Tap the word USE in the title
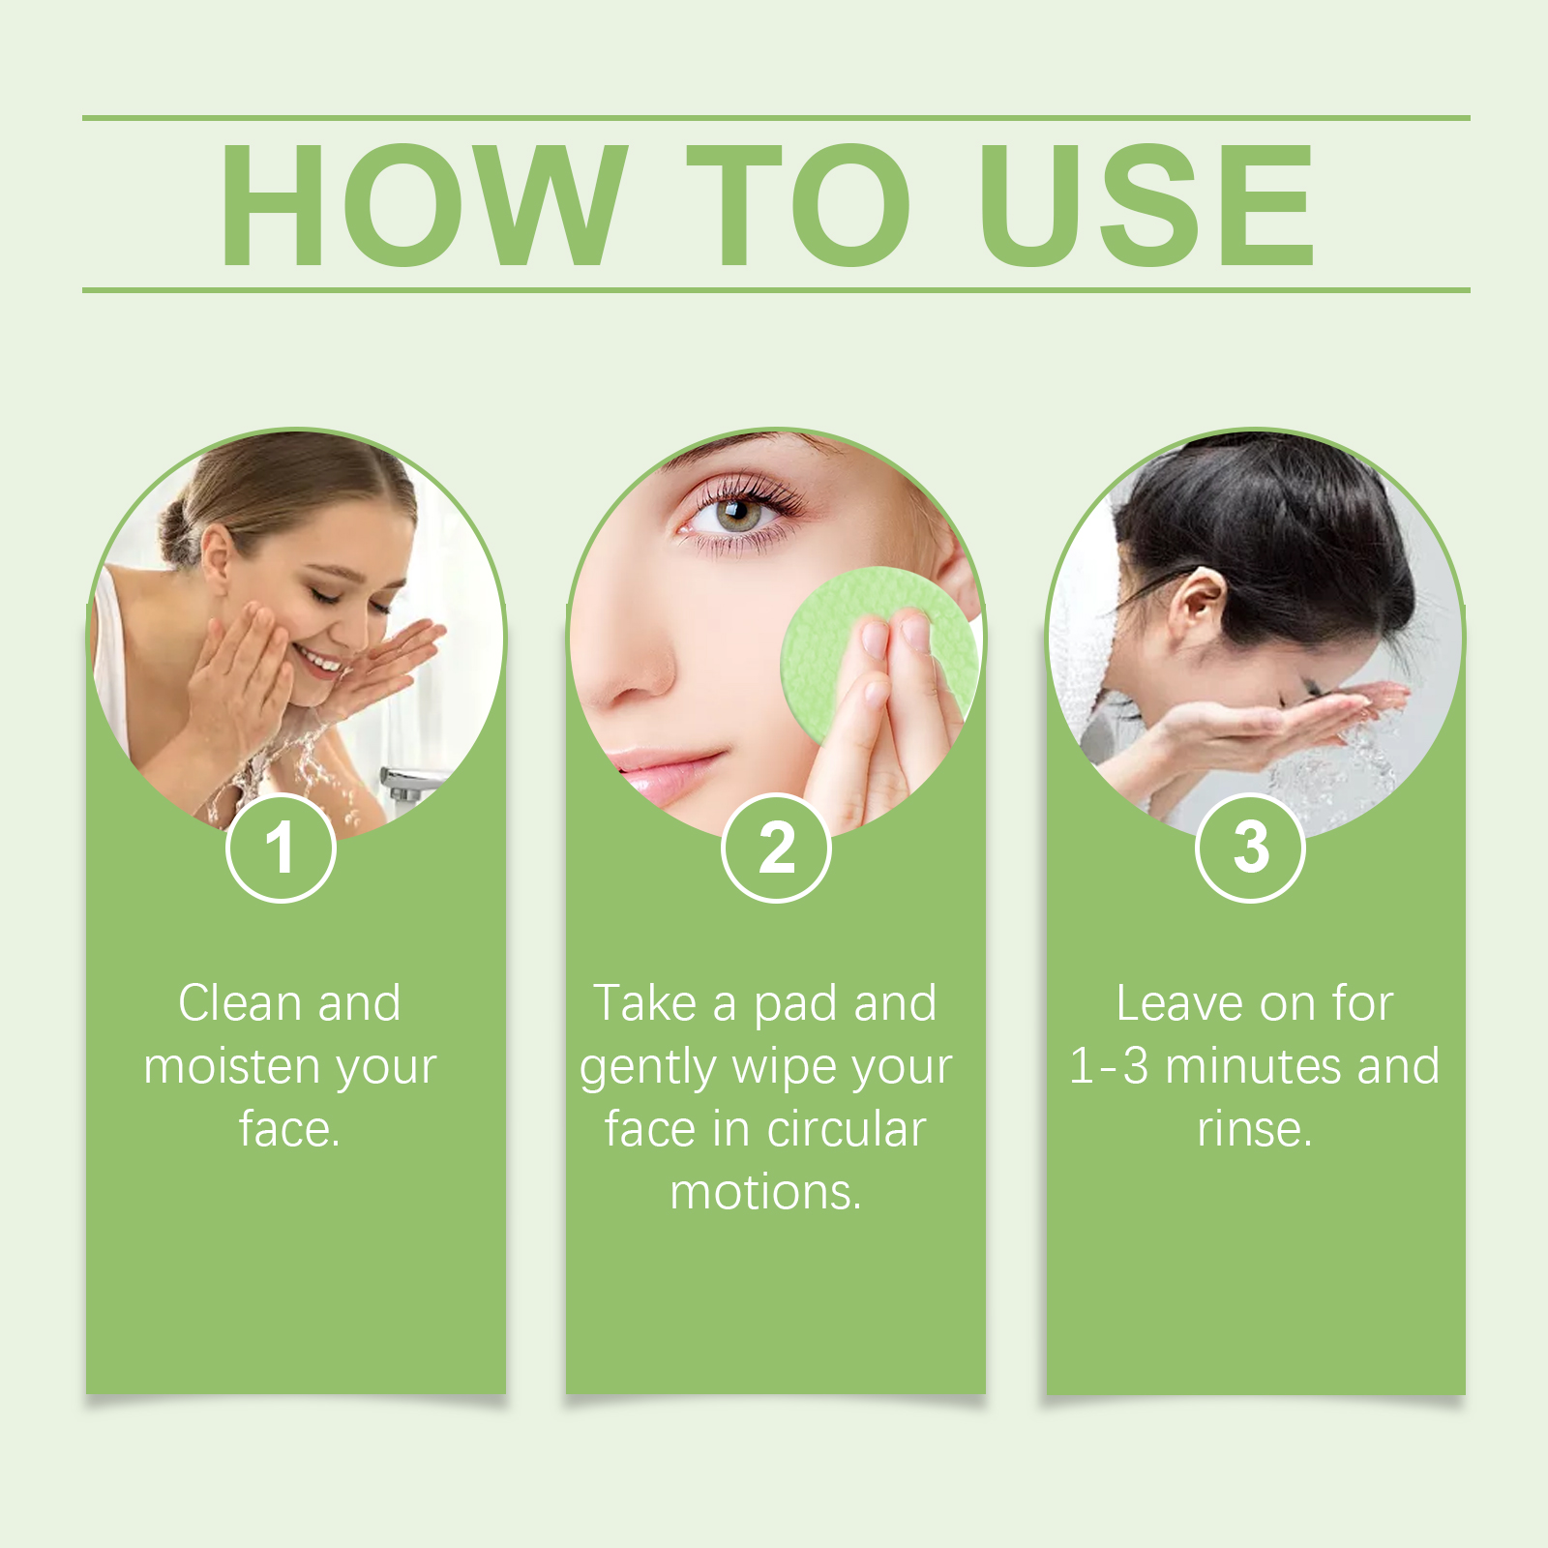(x=1147, y=204)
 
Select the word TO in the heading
(x=799, y=204)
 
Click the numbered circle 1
(x=281, y=848)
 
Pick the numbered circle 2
(x=776, y=848)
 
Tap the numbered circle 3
(x=1251, y=848)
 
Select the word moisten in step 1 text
(x=227, y=1066)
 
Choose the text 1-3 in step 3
(x=1109, y=1066)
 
